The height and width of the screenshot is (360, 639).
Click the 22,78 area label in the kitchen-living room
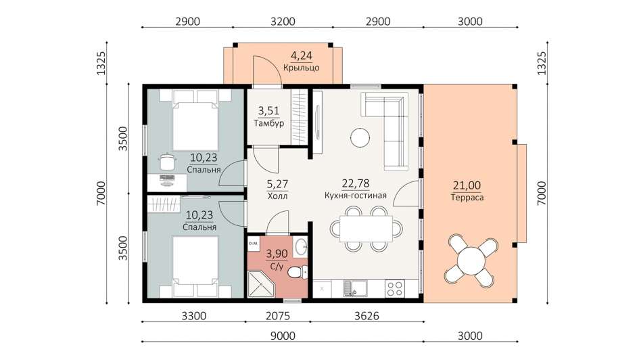[356, 184]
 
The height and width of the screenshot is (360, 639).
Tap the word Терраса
[467, 198]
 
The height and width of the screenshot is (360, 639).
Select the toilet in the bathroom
[298, 271]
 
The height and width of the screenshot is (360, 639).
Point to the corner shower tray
[262, 284]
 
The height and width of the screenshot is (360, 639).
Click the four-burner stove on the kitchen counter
[394, 289]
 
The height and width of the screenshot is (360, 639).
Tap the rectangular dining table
[366, 229]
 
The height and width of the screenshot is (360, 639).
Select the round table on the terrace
[470, 260]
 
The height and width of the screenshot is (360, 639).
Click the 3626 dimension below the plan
[367, 316]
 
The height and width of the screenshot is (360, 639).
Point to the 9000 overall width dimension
[283, 336]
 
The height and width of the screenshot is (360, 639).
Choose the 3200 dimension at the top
[283, 21]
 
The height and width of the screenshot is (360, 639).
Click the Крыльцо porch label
[301, 68]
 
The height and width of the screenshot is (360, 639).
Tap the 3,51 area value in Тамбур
[268, 111]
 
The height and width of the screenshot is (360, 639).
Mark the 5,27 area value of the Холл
[277, 184]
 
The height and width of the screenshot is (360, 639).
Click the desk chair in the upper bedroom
[166, 161]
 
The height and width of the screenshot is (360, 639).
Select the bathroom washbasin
[301, 247]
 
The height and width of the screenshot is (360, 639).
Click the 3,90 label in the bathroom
[277, 254]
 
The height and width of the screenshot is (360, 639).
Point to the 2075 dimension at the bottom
[277, 316]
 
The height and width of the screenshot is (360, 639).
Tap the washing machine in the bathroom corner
[253, 244]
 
